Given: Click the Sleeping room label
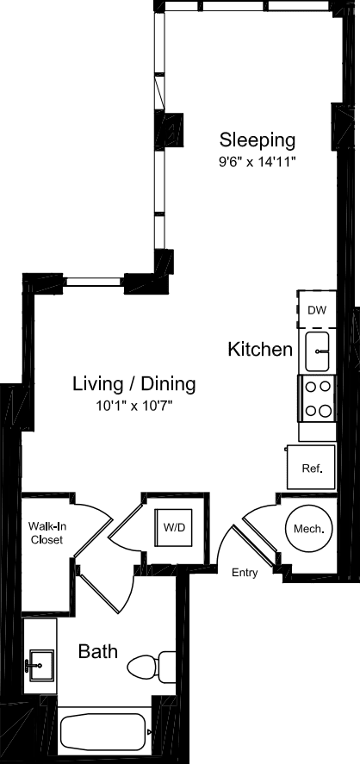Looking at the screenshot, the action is point(258,140).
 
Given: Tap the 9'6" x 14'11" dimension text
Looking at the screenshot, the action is point(258,162).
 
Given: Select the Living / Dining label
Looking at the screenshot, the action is point(134,384).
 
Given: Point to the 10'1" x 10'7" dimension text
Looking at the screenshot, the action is point(134,406).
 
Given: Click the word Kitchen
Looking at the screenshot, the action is point(261,350).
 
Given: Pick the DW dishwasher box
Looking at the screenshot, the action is point(317,309).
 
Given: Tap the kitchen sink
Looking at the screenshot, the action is point(318,351).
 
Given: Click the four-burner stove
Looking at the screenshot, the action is point(318,399).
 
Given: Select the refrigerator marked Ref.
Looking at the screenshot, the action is point(311,467).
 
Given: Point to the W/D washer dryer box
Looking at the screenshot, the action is point(173,527).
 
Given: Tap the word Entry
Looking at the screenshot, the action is point(245,573).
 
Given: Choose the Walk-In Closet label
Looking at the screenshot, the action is point(46,532).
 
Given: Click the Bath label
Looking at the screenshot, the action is point(98,651).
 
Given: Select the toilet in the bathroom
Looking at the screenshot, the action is point(151,666).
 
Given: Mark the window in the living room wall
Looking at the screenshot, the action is point(93,281).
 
